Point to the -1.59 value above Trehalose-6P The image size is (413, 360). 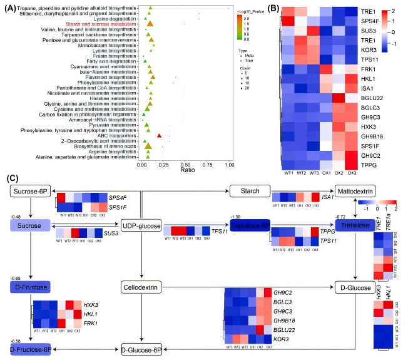[x=235, y=217]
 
